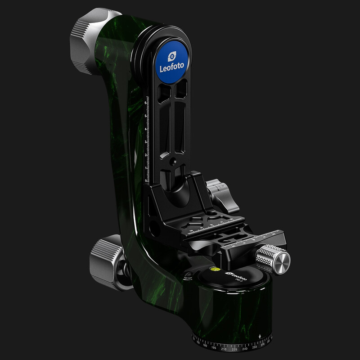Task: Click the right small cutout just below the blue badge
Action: [181, 90]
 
